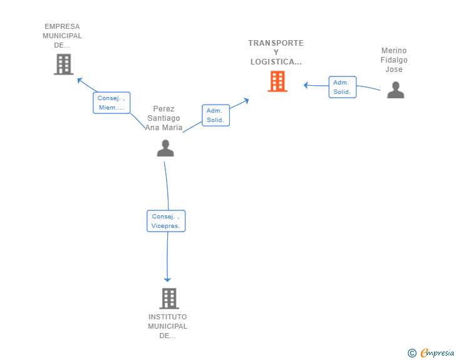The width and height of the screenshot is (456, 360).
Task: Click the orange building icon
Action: (x=277, y=81)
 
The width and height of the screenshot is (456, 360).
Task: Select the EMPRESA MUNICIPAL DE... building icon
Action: (x=63, y=64)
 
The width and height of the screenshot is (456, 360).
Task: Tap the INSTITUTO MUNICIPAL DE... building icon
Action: (x=169, y=299)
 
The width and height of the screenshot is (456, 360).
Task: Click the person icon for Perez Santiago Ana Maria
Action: (x=165, y=148)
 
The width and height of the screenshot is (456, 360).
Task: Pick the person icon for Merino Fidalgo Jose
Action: (x=395, y=90)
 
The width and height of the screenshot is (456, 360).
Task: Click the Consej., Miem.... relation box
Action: (x=111, y=103)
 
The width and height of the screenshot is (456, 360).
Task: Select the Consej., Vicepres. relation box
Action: (x=166, y=221)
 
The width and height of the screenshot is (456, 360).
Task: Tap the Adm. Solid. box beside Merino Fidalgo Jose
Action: (x=342, y=87)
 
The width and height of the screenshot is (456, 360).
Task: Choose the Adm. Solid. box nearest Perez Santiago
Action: (x=215, y=115)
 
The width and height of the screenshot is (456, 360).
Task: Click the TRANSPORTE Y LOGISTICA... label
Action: (x=276, y=53)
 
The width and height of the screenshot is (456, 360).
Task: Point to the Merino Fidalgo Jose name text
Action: (x=394, y=60)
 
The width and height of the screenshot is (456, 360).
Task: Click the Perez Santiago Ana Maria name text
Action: (x=163, y=118)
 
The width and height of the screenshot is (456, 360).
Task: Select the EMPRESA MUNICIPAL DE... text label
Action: (x=62, y=36)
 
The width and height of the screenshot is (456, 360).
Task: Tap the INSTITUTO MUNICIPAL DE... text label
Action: (x=167, y=326)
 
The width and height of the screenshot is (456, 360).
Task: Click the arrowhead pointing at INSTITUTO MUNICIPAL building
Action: (x=167, y=280)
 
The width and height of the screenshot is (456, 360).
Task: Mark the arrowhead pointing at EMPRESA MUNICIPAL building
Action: (x=80, y=80)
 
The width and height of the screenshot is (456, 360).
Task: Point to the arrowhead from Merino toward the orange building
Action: (x=306, y=85)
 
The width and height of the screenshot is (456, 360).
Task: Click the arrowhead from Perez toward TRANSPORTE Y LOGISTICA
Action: (x=246, y=101)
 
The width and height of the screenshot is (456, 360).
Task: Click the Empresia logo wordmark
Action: (x=437, y=353)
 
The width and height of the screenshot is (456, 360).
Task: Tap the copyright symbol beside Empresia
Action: (x=412, y=353)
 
